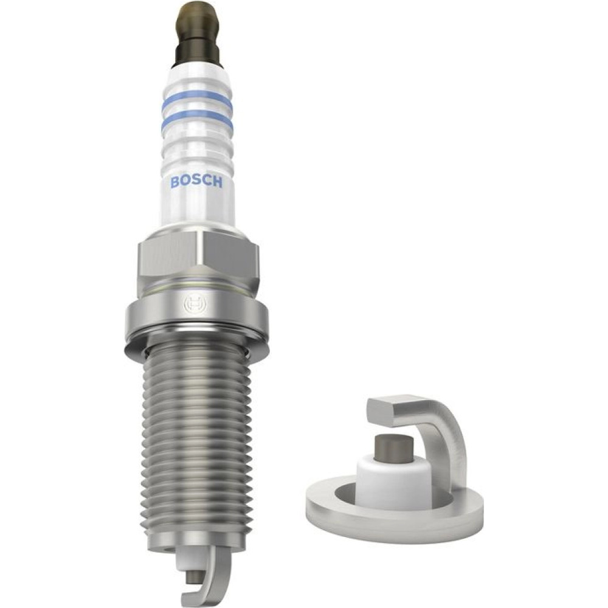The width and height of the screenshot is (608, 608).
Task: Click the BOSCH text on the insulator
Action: point(196,181)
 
